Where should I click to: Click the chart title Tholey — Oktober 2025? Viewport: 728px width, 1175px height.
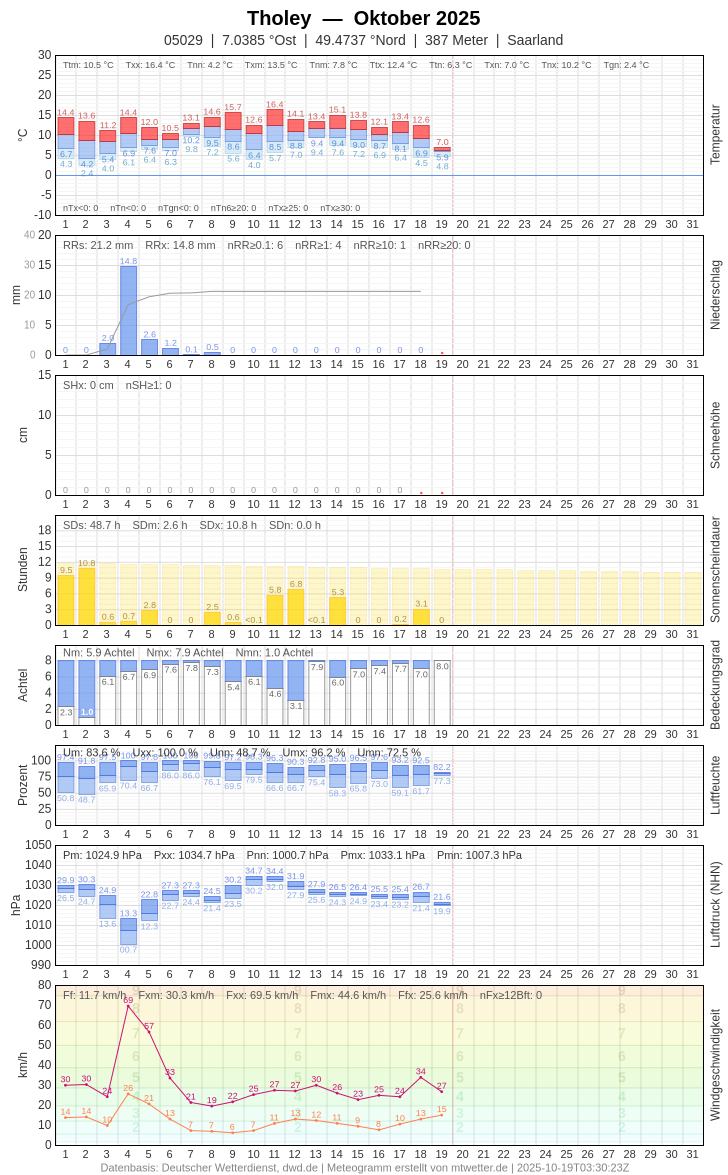click(x=363, y=18)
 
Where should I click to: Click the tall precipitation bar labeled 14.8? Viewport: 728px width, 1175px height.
click(x=128, y=310)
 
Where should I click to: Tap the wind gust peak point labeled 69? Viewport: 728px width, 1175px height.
click(x=128, y=1005)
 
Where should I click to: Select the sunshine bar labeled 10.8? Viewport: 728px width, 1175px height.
click(x=87, y=597)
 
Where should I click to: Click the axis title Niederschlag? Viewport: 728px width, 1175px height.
click(x=715, y=295)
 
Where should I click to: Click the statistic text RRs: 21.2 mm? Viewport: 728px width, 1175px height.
click(x=98, y=245)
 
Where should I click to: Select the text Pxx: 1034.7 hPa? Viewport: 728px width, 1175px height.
click(x=194, y=855)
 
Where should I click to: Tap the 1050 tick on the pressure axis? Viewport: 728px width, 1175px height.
click(x=38, y=845)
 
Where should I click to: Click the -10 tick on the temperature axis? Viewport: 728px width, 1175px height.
click(x=42, y=215)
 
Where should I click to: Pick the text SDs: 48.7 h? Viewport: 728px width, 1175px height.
click(x=92, y=525)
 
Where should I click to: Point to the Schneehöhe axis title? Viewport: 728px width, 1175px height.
click(x=715, y=435)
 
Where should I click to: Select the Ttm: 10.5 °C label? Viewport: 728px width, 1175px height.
click(x=88, y=65)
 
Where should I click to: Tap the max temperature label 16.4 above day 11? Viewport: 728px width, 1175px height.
click(x=275, y=104)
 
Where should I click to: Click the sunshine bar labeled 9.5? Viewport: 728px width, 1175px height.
click(x=66, y=600)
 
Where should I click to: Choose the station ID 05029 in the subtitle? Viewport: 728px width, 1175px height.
click(x=183, y=40)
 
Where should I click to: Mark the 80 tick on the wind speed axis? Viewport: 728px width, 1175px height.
click(x=44, y=985)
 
